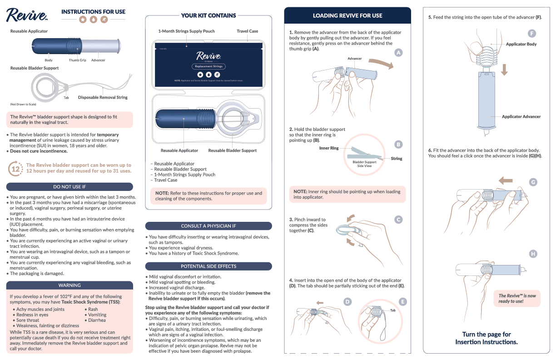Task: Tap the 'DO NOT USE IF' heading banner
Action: pyautogui.click(x=69, y=187)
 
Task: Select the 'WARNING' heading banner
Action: pyautogui.click(x=69, y=285)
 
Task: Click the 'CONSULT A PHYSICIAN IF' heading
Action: pyautogui.click(x=208, y=226)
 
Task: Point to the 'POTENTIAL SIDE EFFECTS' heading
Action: pyautogui.click(x=208, y=266)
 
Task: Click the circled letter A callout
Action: pyautogui.click(x=398, y=53)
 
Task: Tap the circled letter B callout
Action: pyautogui.click(x=398, y=145)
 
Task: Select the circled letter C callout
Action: pyautogui.click(x=398, y=220)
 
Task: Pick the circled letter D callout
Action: pyautogui.click(x=347, y=301)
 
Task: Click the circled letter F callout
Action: pyautogui.click(x=532, y=34)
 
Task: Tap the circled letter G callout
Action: pyautogui.click(x=533, y=182)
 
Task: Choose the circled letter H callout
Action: pyautogui.click(x=533, y=254)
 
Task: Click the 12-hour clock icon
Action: pyautogui.click(x=15, y=169)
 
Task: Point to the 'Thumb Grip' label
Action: pyautogui.click(x=77, y=60)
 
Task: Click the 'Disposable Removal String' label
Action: pyautogui.click(x=103, y=97)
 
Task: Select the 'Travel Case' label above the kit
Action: pyautogui.click(x=247, y=31)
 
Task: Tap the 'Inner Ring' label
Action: pyautogui.click(x=329, y=148)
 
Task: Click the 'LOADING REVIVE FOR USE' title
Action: pyautogui.click(x=347, y=15)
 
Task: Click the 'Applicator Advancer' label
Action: pyautogui.click(x=521, y=117)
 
